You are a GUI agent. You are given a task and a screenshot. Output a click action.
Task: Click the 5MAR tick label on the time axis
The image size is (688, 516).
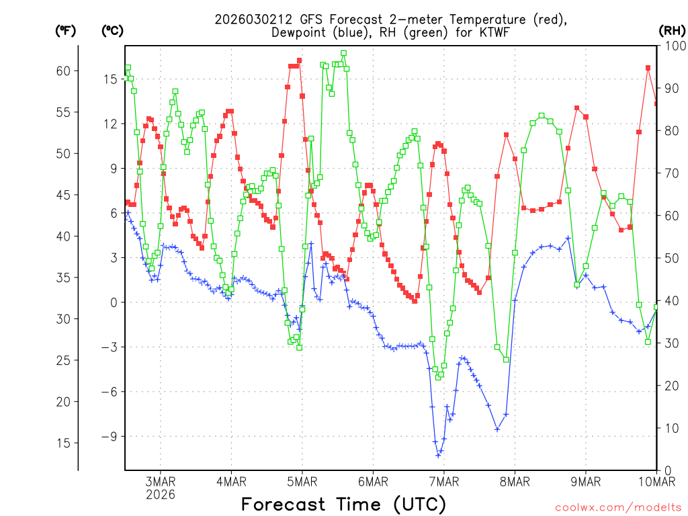coord(302,481)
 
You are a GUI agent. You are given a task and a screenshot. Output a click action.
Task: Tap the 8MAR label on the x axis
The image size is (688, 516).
coord(515,481)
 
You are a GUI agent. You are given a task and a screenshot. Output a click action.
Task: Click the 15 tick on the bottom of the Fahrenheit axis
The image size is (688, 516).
coord(62,443)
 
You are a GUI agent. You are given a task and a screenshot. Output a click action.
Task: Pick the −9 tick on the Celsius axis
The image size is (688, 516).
coord(110,436)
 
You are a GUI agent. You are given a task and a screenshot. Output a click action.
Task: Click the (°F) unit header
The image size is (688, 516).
coord(65,30)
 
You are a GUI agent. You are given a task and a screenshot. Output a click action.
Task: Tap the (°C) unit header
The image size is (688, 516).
coord(113,30)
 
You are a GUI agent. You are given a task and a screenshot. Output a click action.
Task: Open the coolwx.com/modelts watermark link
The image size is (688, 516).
coord(618,507)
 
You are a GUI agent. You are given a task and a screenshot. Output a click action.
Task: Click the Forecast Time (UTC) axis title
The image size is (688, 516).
coord(343,504)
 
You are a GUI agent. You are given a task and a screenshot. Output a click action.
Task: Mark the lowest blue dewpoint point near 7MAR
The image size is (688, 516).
coord(438,455)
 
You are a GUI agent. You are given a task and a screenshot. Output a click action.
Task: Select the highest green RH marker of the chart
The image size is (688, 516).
coord(343,53)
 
